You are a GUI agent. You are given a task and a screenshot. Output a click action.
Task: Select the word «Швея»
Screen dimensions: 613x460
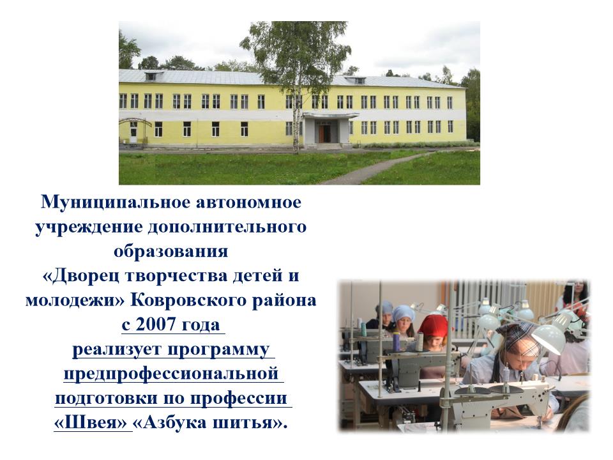coord(91,423)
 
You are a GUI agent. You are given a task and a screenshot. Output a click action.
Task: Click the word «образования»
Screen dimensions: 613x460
coord(171,252)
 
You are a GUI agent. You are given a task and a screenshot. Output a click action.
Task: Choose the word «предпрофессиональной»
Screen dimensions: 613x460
coord(171,374)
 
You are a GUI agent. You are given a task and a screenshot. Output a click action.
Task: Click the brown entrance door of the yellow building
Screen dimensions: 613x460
coord(324,133)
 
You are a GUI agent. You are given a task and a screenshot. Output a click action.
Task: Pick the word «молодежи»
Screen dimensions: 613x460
coord(75,300)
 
